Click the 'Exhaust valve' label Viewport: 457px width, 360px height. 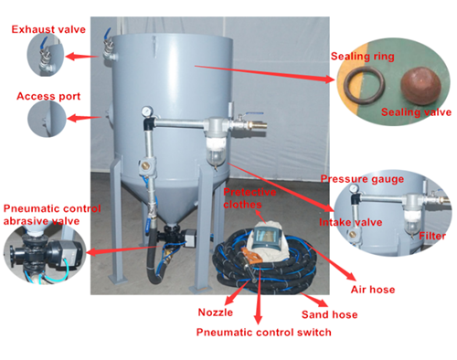point(48,29)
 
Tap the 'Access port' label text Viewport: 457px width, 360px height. point(48,95)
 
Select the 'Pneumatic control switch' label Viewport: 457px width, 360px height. point(263,333)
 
